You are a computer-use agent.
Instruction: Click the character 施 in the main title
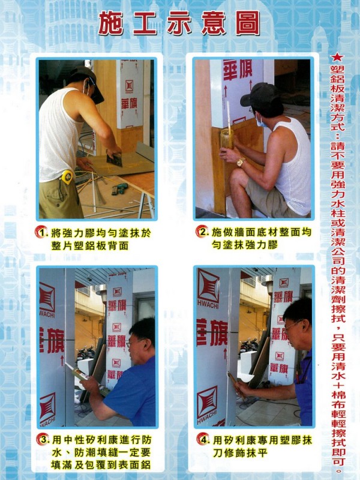[x=110, y=23]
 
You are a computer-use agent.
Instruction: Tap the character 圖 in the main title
[x=248, y=23]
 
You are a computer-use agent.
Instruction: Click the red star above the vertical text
[x=338, y=57]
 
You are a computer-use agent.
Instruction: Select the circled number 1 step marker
[x=41, y=232]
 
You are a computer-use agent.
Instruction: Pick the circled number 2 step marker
[x=202, y=231]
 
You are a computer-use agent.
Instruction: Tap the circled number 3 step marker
[x=43, y=439]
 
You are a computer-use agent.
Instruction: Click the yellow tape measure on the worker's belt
[x=67, y=177]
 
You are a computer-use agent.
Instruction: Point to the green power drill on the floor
[x=119, y=188]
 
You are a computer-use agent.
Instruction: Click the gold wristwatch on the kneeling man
[x=241, y=161]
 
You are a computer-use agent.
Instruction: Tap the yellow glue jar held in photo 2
[x=227, y=139]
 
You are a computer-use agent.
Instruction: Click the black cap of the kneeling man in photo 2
[x=257, y=94]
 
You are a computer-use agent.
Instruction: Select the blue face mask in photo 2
[x=262, y=122]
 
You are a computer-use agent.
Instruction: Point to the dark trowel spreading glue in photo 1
[x=115, y=160]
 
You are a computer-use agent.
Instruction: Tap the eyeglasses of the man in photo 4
[x=293, y=325]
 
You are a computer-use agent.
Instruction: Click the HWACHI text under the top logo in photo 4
[x=208, y=303]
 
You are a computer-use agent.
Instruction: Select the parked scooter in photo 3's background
[x=85, y=353]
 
